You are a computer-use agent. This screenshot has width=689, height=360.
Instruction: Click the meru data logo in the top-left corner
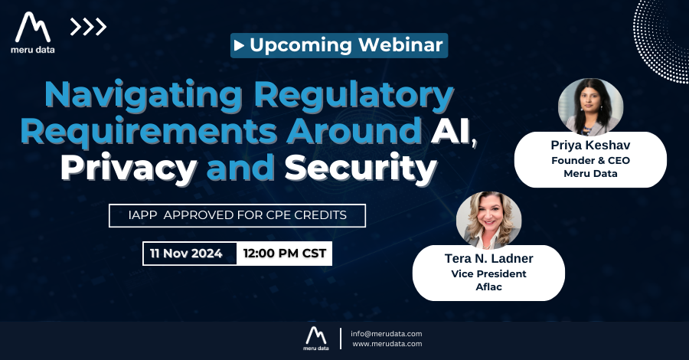[x=33, y=33]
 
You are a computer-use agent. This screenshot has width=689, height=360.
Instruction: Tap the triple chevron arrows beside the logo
[x=88, y=27]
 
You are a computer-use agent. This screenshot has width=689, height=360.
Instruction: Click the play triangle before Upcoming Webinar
[x=239, y=45]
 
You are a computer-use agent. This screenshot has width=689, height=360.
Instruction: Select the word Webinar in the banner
[x=400, y=45]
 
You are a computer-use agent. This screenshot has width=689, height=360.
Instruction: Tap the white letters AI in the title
[x=450, y=131]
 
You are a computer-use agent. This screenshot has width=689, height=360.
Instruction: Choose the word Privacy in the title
[x=129, y=169]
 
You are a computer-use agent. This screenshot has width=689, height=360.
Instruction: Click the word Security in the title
[x=361, y=169]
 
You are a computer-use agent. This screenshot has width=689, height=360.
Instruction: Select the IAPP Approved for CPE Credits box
[x=237, y=215]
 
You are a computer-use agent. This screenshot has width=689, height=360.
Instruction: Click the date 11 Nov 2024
[x=186, y=254]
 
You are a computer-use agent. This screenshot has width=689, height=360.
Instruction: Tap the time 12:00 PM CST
[x=285, y=254]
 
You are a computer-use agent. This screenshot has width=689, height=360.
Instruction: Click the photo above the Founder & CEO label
[x=590, y=106]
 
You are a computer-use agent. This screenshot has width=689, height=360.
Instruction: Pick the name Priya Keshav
[x=590, y=146]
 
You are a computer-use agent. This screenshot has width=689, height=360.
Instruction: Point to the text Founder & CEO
[x=590, y=160]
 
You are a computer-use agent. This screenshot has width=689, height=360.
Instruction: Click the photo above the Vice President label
[x=488, y=220]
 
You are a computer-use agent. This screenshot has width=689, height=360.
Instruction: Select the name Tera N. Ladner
[x=488, y=258]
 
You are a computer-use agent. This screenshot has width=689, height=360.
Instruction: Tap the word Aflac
[x=488, y=287]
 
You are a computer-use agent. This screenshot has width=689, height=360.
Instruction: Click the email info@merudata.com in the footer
[x=387, y=334]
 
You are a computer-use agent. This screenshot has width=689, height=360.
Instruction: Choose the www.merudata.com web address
[x=387, y=344]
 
